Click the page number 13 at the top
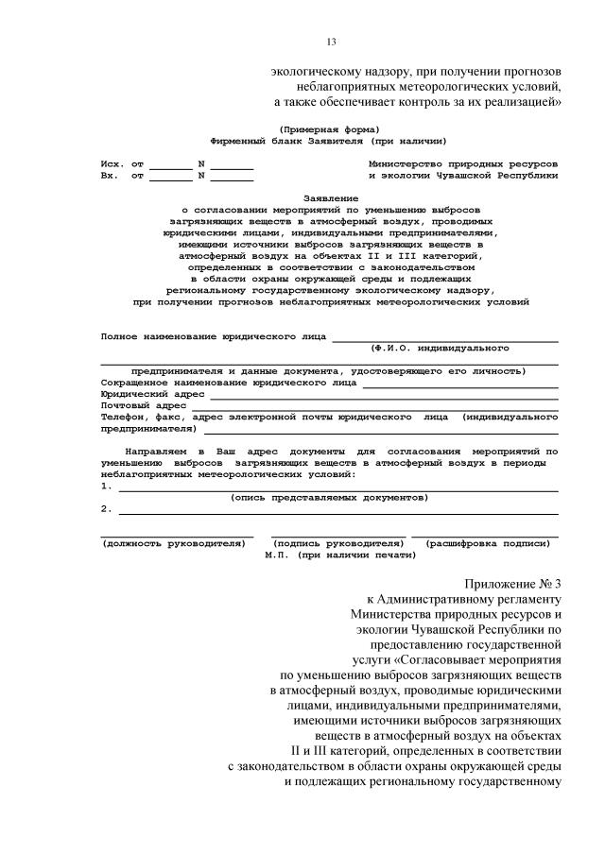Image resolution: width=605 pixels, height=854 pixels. (x=331, y=42)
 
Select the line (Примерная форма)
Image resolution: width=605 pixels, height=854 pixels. (x=330, y=128)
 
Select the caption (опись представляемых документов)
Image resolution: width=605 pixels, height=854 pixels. (x=330, y=497)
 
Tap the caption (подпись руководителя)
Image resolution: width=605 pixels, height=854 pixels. (x=338, y=544)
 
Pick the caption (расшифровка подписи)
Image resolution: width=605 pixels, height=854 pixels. (x=488, y=544)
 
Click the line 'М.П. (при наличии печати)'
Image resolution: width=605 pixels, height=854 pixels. (x=339, y=555)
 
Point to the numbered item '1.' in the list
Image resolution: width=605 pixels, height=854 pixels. (x=107, y=486)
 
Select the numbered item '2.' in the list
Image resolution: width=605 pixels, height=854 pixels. (x=107, y=508)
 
